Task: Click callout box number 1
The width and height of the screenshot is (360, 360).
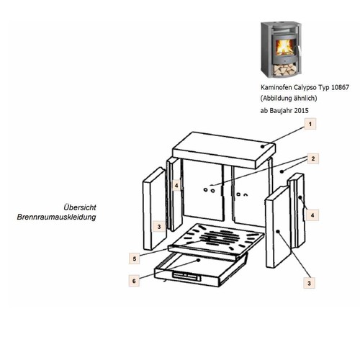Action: point(310,124)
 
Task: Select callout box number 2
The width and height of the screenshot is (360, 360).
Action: point(313,158)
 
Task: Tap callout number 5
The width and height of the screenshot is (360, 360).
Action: point(135,258)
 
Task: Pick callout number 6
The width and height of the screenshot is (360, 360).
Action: point(134,281)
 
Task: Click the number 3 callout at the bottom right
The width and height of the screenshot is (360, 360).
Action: point(309,283)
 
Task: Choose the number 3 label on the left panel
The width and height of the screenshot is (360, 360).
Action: point(159,227)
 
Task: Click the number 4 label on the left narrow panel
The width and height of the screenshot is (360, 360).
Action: point(176,186)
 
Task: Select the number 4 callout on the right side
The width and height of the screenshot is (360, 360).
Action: point(312,215)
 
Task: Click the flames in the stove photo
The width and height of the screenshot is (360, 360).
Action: point(284,48)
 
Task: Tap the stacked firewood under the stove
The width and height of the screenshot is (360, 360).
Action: point(284,70)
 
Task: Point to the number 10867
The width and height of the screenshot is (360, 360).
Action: point(340,87)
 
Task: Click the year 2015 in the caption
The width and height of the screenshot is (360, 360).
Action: point(301,111)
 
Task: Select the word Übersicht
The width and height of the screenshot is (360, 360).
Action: point(80,207)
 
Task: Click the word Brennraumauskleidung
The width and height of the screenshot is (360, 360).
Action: point(56,217)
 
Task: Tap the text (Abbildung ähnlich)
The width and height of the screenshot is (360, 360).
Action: point(289,99)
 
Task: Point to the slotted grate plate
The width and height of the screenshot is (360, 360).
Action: point(216,238)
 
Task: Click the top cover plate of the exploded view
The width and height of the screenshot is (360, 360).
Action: point(224,150)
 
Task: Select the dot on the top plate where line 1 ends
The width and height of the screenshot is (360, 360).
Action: point(263,146)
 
